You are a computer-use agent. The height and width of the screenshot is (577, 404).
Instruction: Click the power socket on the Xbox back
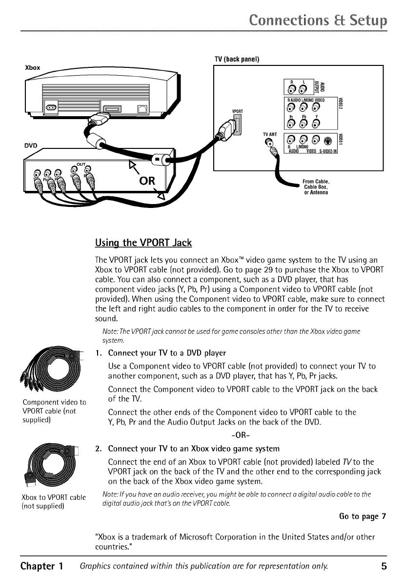click(x=51, y=107)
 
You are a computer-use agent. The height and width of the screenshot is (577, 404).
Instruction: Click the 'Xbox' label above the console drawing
click(x=32, y=66)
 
